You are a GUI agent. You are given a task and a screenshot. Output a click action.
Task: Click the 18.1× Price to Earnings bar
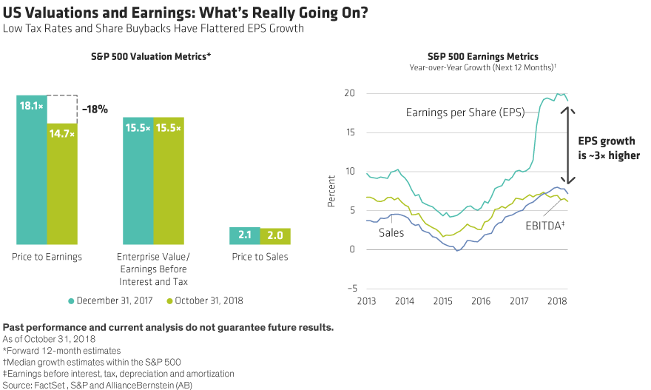tap(32, 169)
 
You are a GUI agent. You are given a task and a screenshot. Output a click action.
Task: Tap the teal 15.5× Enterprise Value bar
tap(138, 181)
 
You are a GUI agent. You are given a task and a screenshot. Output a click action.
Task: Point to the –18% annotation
tap(96, 110)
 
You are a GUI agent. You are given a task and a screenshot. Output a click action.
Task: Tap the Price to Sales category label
tap(260, 257)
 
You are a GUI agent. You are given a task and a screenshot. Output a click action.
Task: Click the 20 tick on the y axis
tap(351, 93)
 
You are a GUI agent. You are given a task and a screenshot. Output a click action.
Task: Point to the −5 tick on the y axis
tap(350, 288)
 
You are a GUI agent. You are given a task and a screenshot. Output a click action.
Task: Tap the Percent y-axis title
tap(330, 191)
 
